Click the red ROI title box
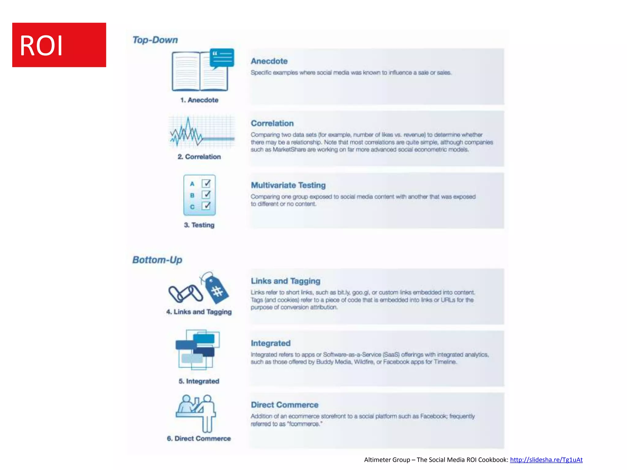coord(59,45)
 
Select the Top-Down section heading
coord(155,40)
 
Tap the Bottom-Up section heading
coord(157,260)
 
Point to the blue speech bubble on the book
coord(222,57)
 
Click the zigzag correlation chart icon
coord(201,132)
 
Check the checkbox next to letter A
coord(206,183)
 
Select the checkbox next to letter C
coord(206,206)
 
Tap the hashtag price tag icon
coord(216,289)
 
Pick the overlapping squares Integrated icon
coord(198,349)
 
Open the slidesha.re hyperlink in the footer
coord(546,460)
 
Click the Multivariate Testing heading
coord(288,185)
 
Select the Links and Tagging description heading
coord(285,281)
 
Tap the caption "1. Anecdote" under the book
coord(199,100)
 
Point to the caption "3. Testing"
coord(199,225)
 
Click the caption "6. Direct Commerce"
coord(199,438)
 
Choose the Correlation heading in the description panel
coord(272,123)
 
